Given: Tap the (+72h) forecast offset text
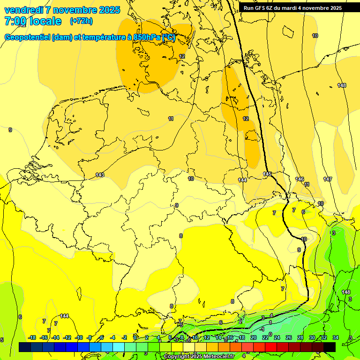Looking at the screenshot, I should pos(81,21).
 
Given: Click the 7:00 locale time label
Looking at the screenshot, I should pos(33,21).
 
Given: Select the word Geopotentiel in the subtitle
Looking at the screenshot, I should pos(27,37).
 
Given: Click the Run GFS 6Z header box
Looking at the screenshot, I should pos(292,8).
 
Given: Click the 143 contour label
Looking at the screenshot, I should pos(100,175).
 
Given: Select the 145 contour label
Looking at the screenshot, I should pos(267,174).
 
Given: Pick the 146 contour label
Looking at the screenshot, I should pos(300,179).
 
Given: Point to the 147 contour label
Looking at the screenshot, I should pos(328,179).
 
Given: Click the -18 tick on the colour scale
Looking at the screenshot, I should pos(32,337).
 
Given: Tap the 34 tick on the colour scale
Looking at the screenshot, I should pos(336,337).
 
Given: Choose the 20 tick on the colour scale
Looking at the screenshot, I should pos(253,337).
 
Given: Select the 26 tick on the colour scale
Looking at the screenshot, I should pos(288,337).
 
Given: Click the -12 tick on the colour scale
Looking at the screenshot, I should pos(67,337).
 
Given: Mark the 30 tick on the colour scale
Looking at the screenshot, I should pos(312,337).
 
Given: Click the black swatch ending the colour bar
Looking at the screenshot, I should pos(330,347).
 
